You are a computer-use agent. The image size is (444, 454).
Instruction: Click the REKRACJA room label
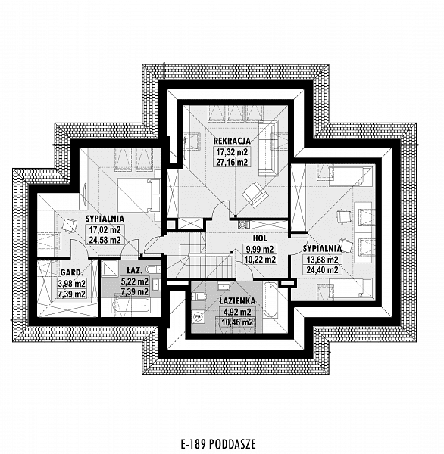[x=232, y=141]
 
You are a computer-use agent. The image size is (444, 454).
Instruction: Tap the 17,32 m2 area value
[x=232, y=152]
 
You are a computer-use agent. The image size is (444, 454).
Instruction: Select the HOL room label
[x=260, y=238]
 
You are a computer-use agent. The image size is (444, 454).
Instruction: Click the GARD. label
[x=72, y=272]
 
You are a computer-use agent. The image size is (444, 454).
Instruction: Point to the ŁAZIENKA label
[x=237, y=301]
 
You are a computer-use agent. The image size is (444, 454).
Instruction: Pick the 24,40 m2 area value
[x=323, y=270]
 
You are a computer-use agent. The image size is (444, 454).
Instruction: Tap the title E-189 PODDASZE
[x=218, y=444]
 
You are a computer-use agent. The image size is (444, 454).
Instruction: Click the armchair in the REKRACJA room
[x=255, y=194]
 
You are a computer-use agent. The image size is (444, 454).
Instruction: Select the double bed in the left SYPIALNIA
[x=139, y=195]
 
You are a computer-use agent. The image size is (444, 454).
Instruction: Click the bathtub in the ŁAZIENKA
[x=270, y=300]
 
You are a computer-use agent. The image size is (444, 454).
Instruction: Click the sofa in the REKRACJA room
[x=268, y=148]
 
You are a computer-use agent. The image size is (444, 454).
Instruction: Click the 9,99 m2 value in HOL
[x=260, y=249]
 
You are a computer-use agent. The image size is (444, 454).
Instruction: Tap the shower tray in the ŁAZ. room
[x=110, y=269]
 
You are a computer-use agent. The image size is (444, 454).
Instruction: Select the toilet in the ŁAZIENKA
[x=199, y=296]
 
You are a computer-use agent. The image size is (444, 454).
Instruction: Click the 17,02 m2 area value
[x=105, y=230]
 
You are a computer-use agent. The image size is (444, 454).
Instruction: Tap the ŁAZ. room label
[x=135, y=270]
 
